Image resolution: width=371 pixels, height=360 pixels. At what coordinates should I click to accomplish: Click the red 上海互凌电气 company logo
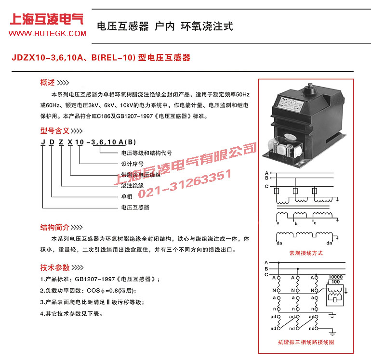coord(47,19)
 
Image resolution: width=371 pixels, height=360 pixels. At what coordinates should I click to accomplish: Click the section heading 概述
coord(48,82)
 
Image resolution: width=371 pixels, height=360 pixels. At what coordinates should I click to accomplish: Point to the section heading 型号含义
coord(55,130)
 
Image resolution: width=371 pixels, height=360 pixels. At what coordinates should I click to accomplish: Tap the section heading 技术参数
coord(55,268)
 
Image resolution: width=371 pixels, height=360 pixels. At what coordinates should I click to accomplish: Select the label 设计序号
coord(132,164)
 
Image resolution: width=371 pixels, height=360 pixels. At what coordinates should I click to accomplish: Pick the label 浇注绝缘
coord(132,186)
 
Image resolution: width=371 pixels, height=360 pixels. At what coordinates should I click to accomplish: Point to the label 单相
coord(126,197)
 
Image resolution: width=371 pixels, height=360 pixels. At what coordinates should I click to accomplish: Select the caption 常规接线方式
coord(305,253)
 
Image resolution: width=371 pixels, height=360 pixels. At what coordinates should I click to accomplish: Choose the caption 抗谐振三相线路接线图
coord(305,342)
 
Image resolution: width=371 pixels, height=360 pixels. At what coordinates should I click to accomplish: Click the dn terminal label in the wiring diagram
coord(330,244)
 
